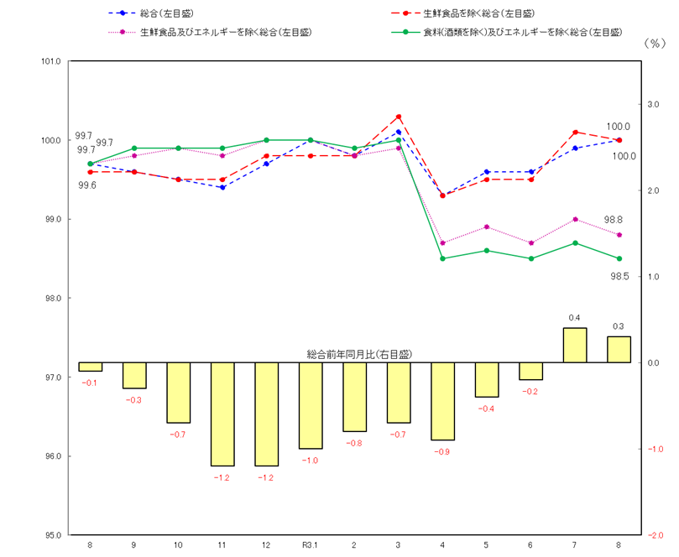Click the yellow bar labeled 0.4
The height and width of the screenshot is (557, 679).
[x=575, y=345]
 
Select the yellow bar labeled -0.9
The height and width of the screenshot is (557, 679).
[x=442, y=401]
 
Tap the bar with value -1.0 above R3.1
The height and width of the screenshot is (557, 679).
[x=311, y=405]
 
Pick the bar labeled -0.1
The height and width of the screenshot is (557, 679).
[x=90, y=367]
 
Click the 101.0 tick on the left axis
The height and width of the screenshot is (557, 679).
[x=51, y=61]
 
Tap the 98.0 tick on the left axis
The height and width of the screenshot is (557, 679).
[x=51, y=299]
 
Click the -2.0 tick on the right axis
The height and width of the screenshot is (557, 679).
[x=654, y=535]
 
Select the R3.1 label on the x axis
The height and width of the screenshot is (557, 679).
[x=311, y=545]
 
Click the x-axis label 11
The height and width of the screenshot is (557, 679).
[x=222, y=545]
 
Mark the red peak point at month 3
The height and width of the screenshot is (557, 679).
[x=399, y=117]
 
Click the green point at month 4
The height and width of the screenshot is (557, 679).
[x=442, y=258]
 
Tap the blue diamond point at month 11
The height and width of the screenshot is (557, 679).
[x=222, y=187]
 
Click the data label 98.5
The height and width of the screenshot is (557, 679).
[x=619, y=276]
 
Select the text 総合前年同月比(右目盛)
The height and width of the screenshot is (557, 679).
[x=359, y=355]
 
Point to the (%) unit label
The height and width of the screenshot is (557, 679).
[x=653, y=44]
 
